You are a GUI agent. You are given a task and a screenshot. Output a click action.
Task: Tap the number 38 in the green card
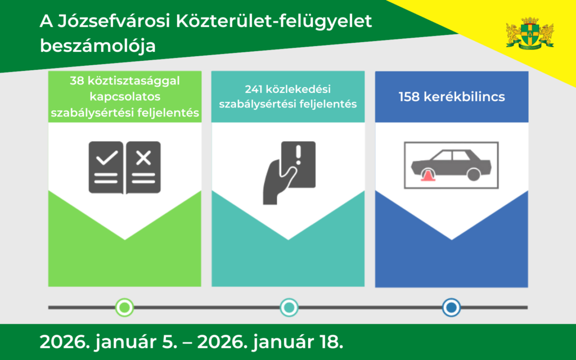[77, 80]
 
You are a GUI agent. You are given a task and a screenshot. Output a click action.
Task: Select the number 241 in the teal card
[254, 89]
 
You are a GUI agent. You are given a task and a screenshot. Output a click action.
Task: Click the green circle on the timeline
[124, 307]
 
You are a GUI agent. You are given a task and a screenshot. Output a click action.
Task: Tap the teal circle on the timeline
[289, 307]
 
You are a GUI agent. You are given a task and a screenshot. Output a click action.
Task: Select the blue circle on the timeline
[451, 307]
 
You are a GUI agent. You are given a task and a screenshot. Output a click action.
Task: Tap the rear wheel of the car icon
[474, 174]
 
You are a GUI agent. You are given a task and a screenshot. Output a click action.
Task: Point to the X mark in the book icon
[144, 158]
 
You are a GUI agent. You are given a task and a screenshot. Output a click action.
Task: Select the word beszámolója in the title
[98, 46]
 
